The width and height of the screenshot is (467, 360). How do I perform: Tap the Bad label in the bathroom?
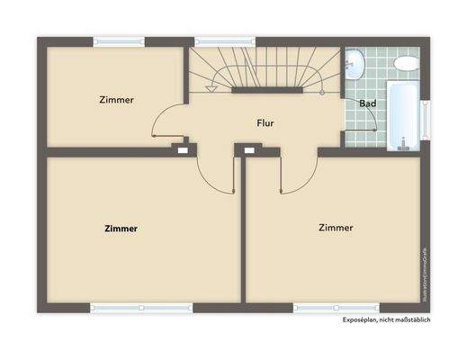(367, 103)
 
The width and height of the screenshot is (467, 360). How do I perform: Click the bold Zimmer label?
(121, 229)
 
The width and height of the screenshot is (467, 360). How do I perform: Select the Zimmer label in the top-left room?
(117, 100)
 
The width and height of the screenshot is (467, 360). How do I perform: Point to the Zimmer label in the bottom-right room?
(336, 228)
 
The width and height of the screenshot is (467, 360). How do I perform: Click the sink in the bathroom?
(356, 63)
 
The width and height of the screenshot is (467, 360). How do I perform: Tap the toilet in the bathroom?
(407, 64)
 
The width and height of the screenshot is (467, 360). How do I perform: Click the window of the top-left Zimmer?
(119, 40)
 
